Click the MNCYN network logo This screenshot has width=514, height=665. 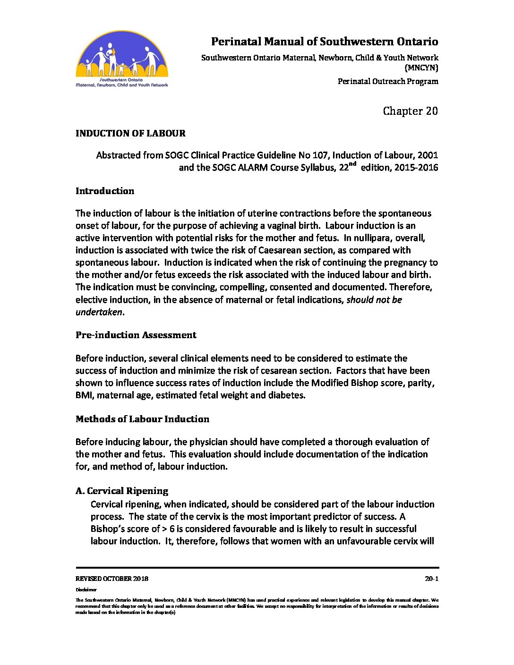[122, 59]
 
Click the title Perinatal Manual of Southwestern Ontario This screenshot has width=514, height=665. [325, 42]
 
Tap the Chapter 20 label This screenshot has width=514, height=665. [410, 111]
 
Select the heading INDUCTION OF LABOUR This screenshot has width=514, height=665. [130, 133]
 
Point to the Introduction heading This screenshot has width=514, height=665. [105, 191]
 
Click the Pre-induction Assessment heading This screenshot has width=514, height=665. [136, 335]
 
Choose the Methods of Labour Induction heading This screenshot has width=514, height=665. [142, 419]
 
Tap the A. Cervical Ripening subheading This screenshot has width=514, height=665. [122, 491]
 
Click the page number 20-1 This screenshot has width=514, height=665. [431, 579]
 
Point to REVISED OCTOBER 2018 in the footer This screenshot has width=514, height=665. [112, 579]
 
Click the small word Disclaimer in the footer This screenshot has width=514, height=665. [86, 590]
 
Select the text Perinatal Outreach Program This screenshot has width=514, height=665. [388, 81]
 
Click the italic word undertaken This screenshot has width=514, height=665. [99, 312]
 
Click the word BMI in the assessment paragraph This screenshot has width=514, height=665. [84, 395]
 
